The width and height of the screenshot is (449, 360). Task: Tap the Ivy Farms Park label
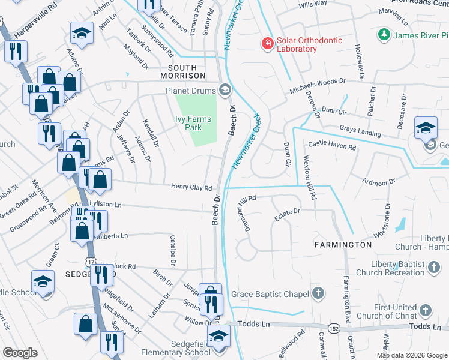(193, 123)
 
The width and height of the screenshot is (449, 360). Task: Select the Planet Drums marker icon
(225, 91)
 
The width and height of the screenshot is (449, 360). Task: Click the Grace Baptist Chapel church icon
(318, 293)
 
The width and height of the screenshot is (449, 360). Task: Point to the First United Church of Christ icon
(425, 310)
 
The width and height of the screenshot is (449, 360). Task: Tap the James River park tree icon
(384, 35)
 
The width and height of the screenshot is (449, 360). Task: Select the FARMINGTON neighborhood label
(343, 245)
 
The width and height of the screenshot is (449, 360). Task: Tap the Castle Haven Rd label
(332, 145)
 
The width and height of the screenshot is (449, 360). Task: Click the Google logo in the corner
(20, 353)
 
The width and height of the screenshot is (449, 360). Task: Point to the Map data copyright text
(412, 355)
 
